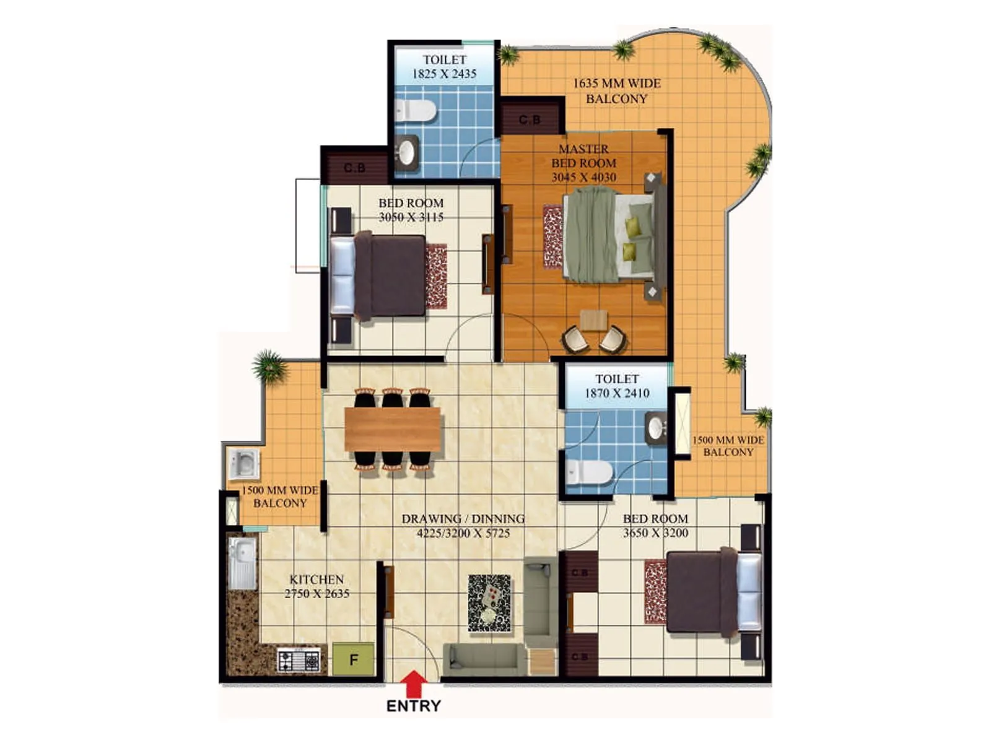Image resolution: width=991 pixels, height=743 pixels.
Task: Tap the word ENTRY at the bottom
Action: [413, 706]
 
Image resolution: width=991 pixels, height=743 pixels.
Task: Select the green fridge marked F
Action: [354, 659]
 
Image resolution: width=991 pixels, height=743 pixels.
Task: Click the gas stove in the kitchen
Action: [299, 661]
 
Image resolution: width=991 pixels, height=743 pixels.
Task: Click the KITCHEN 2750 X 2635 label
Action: [317, 586]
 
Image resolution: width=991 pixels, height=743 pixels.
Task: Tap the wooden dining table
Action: [392, 429]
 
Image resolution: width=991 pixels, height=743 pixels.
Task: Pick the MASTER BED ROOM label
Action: [583, 163]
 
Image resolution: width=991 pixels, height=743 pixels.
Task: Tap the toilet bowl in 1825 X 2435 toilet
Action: [416, 111]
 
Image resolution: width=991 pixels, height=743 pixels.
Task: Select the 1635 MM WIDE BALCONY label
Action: [616, 91]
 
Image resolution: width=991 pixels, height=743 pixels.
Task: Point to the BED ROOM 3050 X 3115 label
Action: [411, 210]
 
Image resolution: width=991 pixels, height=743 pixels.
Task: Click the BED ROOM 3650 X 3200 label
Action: [655, 526]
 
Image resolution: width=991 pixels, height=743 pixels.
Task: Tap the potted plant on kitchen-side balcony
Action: [269, 367]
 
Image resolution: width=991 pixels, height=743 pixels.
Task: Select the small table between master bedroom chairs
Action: [594, 320]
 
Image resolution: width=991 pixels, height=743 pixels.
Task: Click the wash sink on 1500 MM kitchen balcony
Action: [243, 464]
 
